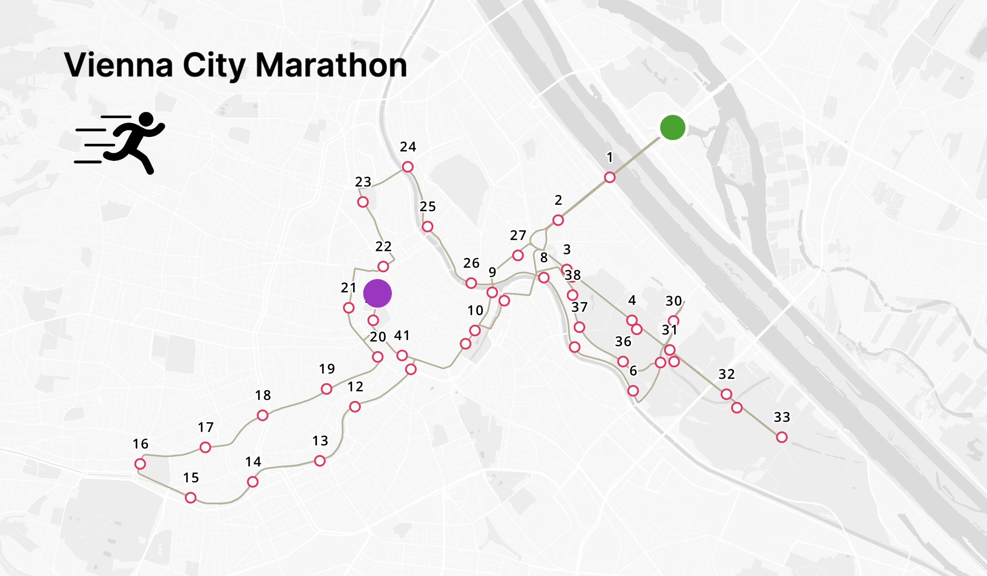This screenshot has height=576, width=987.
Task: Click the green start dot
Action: tap(672, 127)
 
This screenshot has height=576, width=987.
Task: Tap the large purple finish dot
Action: tap(377, 294)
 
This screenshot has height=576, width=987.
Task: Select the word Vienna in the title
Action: tap(118, 65)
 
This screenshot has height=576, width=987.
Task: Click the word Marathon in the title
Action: tap(331, 65)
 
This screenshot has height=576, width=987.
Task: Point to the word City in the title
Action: tap(214, 66)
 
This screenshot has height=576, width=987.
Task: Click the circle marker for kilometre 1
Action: tap(610, 177)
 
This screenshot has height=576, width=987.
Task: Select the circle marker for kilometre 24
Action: tap(408, 166)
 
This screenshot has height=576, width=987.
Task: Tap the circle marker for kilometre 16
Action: tap(140, 464)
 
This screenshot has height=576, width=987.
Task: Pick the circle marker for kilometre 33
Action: tap(782, 437)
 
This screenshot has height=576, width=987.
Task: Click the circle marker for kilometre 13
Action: tap(320, 461)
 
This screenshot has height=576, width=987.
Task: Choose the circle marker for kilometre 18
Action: tap(263, 415)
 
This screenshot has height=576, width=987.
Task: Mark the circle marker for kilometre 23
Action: tap(363, 202)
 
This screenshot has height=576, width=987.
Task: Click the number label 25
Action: tap(427, 207)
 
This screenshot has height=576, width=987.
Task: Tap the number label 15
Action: tap(191, 477)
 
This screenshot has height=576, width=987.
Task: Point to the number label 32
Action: tap(726, 374)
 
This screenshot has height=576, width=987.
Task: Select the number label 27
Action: tap(518, 235)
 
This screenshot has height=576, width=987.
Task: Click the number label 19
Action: tap(327, 369)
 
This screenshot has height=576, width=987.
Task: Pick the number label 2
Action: tap(558, 200)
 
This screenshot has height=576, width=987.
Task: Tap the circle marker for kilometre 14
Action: tap(253, 482)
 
